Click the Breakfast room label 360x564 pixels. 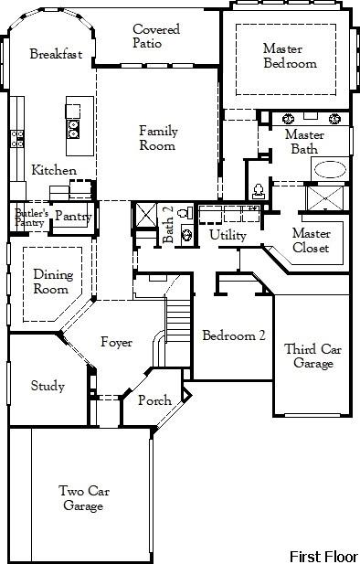pyautogui.click(x=55, y=54)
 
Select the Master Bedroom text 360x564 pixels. pyautogui.click(x=290, y=56)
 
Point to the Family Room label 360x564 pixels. pyautogui.click(x=158, y=138)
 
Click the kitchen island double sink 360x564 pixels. pyautogui.click(x=73, y=127)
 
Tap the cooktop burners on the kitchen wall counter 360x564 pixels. pyautogui.click(x=16, y=138)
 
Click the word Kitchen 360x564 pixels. pyautogui.click(x=54, y=171)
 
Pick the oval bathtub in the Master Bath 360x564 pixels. pyautogui.click(x=330, y=170)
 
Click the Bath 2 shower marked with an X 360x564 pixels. pyautogui.click(x=145, y=215)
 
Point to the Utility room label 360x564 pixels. pyautogui.click(x=228, y=235)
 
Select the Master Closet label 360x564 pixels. pyautogui.click(x=311, y=240)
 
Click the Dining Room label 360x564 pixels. pyautogui.click(x=51, y=281)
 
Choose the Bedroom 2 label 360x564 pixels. pyautogui.click(x=234, y=335)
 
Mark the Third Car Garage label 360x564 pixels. pyautogui.click(x=313, y=356)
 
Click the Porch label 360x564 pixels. pyautogui.click(x=154, y=401)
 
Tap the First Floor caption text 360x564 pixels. pyautogui.click(x=323, y=555)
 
